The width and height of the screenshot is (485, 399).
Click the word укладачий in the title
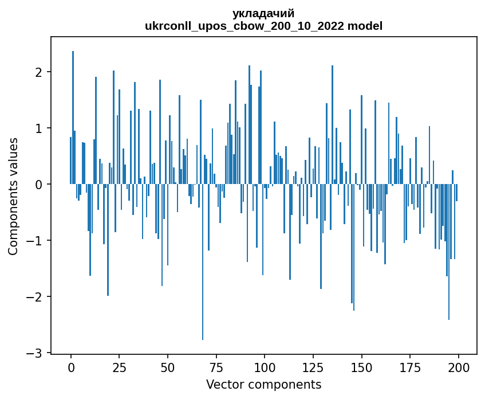tap(263, 14)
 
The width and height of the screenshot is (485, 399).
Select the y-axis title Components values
tap(13, 196)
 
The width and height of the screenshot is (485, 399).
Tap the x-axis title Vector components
tap(263, 384)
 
